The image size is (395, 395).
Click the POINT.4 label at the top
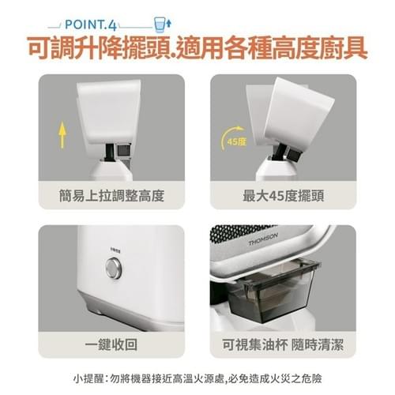pyautogui.click(x=90, y=24)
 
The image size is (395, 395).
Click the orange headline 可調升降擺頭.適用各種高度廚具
pyautogui.click(x=197, y=48)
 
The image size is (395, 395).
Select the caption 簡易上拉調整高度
pyautogui.click(x=111, y=196)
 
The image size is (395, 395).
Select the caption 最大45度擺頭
pyautogui.click(x=283, y=196)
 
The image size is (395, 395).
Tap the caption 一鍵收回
pyautogui.click(x=111, y=344)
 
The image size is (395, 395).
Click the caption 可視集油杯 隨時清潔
pyautogui.click(x=283, y=344)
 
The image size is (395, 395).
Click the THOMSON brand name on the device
pyautogui.click(x=263, y=239)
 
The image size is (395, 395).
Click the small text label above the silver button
pyautogui.click(x=115, y=250)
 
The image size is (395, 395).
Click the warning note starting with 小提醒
pyautogui.click(x=197, y=379)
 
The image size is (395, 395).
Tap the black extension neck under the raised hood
pyautogui.click(x=109, y=152)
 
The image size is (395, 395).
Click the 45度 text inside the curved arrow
pyautogui.click(x=236, y=141)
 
